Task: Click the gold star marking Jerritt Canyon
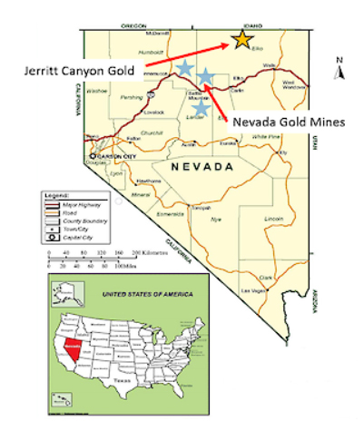click(241, 39)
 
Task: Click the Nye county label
click(215, 220)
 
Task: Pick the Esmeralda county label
click(170, 213)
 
